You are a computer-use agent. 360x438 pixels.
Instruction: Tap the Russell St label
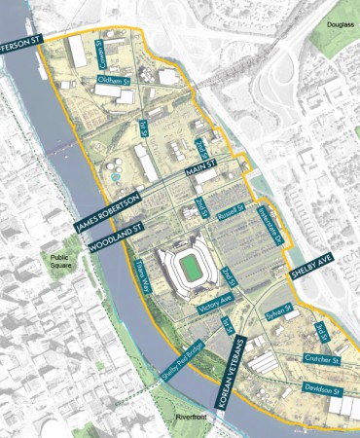[229, 209]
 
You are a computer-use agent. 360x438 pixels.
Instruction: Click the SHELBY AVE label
[310, 274]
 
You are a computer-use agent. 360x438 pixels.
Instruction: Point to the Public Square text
[64, 263]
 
